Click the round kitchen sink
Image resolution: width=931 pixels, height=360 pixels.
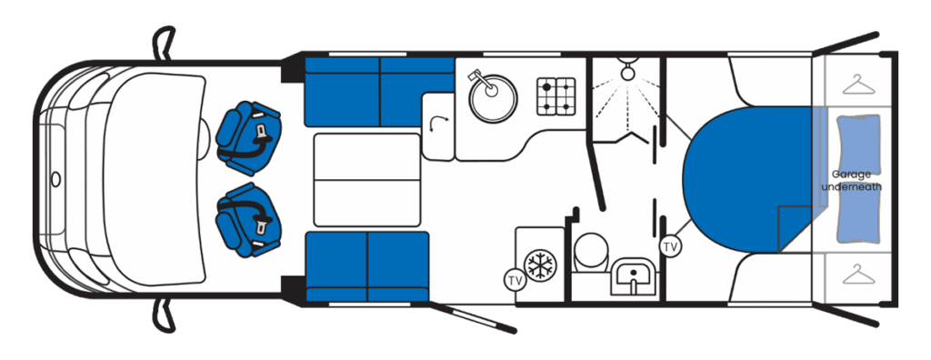point(493,99)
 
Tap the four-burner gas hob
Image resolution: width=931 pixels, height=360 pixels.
point(556,96)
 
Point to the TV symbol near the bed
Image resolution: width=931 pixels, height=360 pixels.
point(670,245)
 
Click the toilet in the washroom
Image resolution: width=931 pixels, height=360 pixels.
point(591,252)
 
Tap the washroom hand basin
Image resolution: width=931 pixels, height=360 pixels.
point(633,275)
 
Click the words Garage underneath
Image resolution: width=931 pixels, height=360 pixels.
point(851,181)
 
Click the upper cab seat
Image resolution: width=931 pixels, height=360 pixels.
point(249,139)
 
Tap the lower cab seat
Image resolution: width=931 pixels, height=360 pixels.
point(249,220)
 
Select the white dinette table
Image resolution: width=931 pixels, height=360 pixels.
point(367,180)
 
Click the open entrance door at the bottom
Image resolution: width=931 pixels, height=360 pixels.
point(472,317)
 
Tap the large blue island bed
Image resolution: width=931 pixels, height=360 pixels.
point(754,179)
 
